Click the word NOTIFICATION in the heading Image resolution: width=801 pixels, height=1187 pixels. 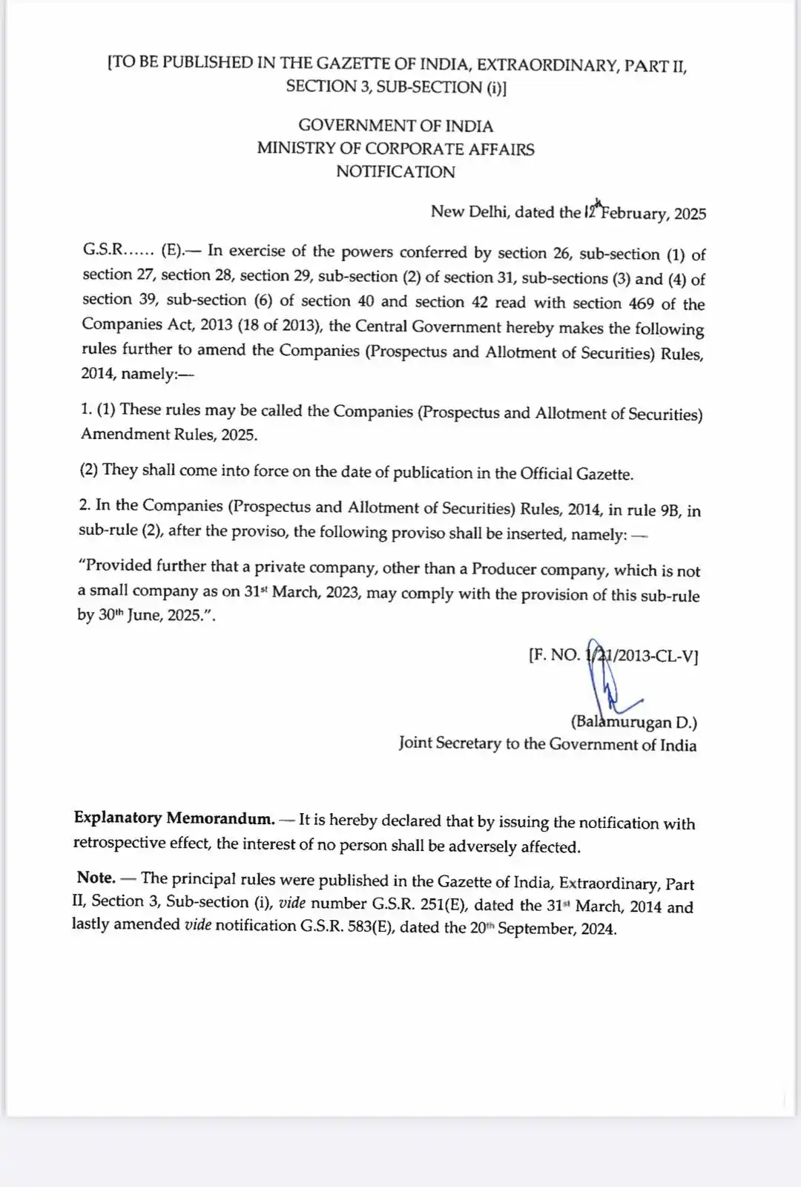coord(395,172)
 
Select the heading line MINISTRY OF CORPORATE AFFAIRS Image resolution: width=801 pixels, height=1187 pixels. coord(395,148)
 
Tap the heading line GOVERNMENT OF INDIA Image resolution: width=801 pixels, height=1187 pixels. coord(395,125)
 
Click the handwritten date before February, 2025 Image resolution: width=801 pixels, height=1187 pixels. coord(592,211)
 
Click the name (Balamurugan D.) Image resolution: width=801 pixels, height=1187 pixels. coord(633,722)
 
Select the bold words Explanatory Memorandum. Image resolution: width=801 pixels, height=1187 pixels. coord(174,818)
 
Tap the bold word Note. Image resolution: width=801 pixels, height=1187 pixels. coord(96,878)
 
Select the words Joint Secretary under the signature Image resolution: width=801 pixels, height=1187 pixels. coord(450,743)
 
